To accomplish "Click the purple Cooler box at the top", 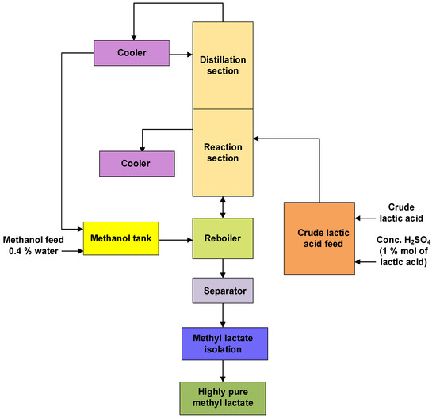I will click(x=132, y=54).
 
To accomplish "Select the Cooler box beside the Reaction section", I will click(x=136, y=164).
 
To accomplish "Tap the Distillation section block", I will click(x=223, y=65).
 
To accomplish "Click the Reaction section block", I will click(x=223, y=153).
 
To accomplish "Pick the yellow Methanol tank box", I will click(x=122, y=237).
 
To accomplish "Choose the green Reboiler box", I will click(x=223, y=237).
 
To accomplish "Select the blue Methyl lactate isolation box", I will click(x=223, y=343).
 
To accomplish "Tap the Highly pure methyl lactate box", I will click(x=223, y=393).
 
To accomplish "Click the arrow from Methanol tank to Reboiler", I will click(x=177, y=237).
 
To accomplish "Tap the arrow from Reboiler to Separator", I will click(x=223, y=268).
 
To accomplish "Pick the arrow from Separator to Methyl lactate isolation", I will click(x=223, y=315).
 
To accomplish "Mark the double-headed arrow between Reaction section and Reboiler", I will click(x=223, y=207).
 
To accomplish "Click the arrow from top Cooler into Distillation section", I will click(x=181, y=55).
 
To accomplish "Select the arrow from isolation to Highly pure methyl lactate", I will click(x=223, y=369).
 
